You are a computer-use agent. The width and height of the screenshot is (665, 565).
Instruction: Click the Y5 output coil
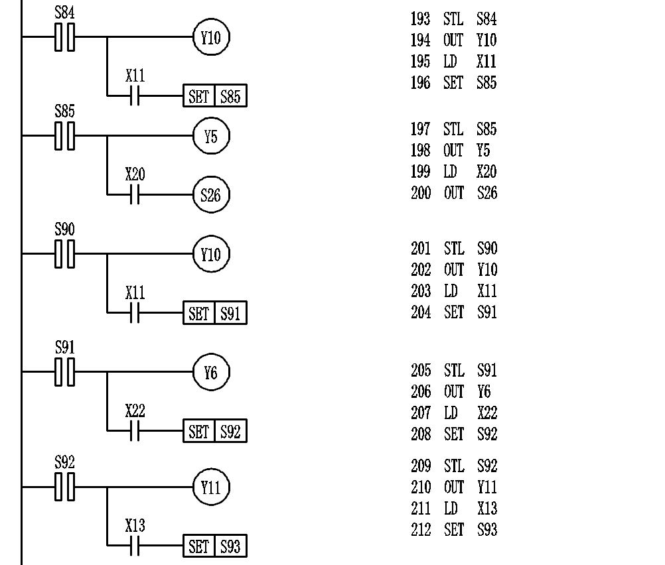(x=210, y=137)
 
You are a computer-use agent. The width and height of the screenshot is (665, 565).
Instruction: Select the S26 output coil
(x=210, y=195)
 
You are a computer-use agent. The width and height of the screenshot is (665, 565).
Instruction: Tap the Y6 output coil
(x=210, y=373)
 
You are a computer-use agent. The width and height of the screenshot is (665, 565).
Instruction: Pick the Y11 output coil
(x=210, y=487)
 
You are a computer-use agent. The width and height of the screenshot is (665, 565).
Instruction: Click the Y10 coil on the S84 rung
(x=210, y=38)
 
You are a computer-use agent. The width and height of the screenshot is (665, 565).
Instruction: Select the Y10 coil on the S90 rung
(x=210, y=254)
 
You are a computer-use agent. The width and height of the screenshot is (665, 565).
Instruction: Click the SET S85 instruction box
(x=214, y=97)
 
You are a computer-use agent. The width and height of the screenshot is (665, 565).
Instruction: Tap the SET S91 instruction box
(x=214, y=313)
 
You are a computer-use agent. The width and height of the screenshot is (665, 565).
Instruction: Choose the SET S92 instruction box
(x=214, y=432)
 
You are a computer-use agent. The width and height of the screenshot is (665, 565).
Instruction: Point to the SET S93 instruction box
(x=214, y=546)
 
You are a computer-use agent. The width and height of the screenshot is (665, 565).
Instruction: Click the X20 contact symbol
(x=135, y=195)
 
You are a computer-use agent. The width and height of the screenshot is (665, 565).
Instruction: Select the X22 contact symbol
(x=135, y=432)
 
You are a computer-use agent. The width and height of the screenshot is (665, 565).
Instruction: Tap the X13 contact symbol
(x=135, y=546)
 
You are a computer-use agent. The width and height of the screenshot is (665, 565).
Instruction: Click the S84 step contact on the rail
(x=64, y=37)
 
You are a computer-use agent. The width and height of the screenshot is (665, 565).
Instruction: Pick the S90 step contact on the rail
(x=64, y=254)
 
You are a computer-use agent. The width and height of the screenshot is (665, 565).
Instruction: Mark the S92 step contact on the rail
(x=64, y=487)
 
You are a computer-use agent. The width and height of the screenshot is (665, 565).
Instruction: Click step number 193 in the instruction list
(x=420, y=19)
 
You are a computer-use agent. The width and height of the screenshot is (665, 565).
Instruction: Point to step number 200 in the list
(x=420, y=193)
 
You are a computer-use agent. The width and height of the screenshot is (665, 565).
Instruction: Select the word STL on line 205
(x=454, y=370)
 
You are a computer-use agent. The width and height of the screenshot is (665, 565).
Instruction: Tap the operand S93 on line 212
(x=486, y=530)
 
